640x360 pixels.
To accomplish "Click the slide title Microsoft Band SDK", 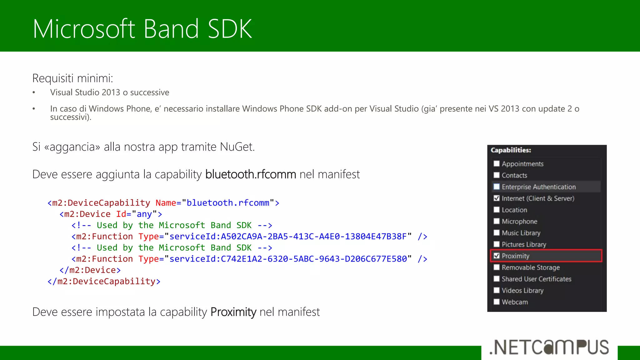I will [142, 29].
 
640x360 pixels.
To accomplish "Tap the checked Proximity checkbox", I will [497, 256].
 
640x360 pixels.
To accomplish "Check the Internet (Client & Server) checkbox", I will [497, 198].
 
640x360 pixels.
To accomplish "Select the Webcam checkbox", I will [497, 302].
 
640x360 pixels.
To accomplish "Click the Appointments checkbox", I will [497, 163].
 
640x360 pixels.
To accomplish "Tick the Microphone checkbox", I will [497, 221].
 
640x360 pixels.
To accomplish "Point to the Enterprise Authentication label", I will [538, 187].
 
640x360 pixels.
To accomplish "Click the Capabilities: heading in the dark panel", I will [511, 150].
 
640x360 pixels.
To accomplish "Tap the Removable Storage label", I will [531, 267].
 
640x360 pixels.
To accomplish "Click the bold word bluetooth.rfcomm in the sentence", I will [251, 174].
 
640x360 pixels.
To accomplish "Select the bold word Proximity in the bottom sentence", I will [233, 312].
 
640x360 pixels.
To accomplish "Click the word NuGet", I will [237, 147].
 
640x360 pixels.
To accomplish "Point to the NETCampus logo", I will [549, 347].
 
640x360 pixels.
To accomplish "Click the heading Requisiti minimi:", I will [73, 78].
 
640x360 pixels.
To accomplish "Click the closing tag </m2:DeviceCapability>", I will [104, 282].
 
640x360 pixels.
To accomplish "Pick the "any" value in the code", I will [144, 214].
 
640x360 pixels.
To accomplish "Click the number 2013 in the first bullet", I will [111, 92].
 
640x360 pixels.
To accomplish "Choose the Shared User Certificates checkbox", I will [497, 279].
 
